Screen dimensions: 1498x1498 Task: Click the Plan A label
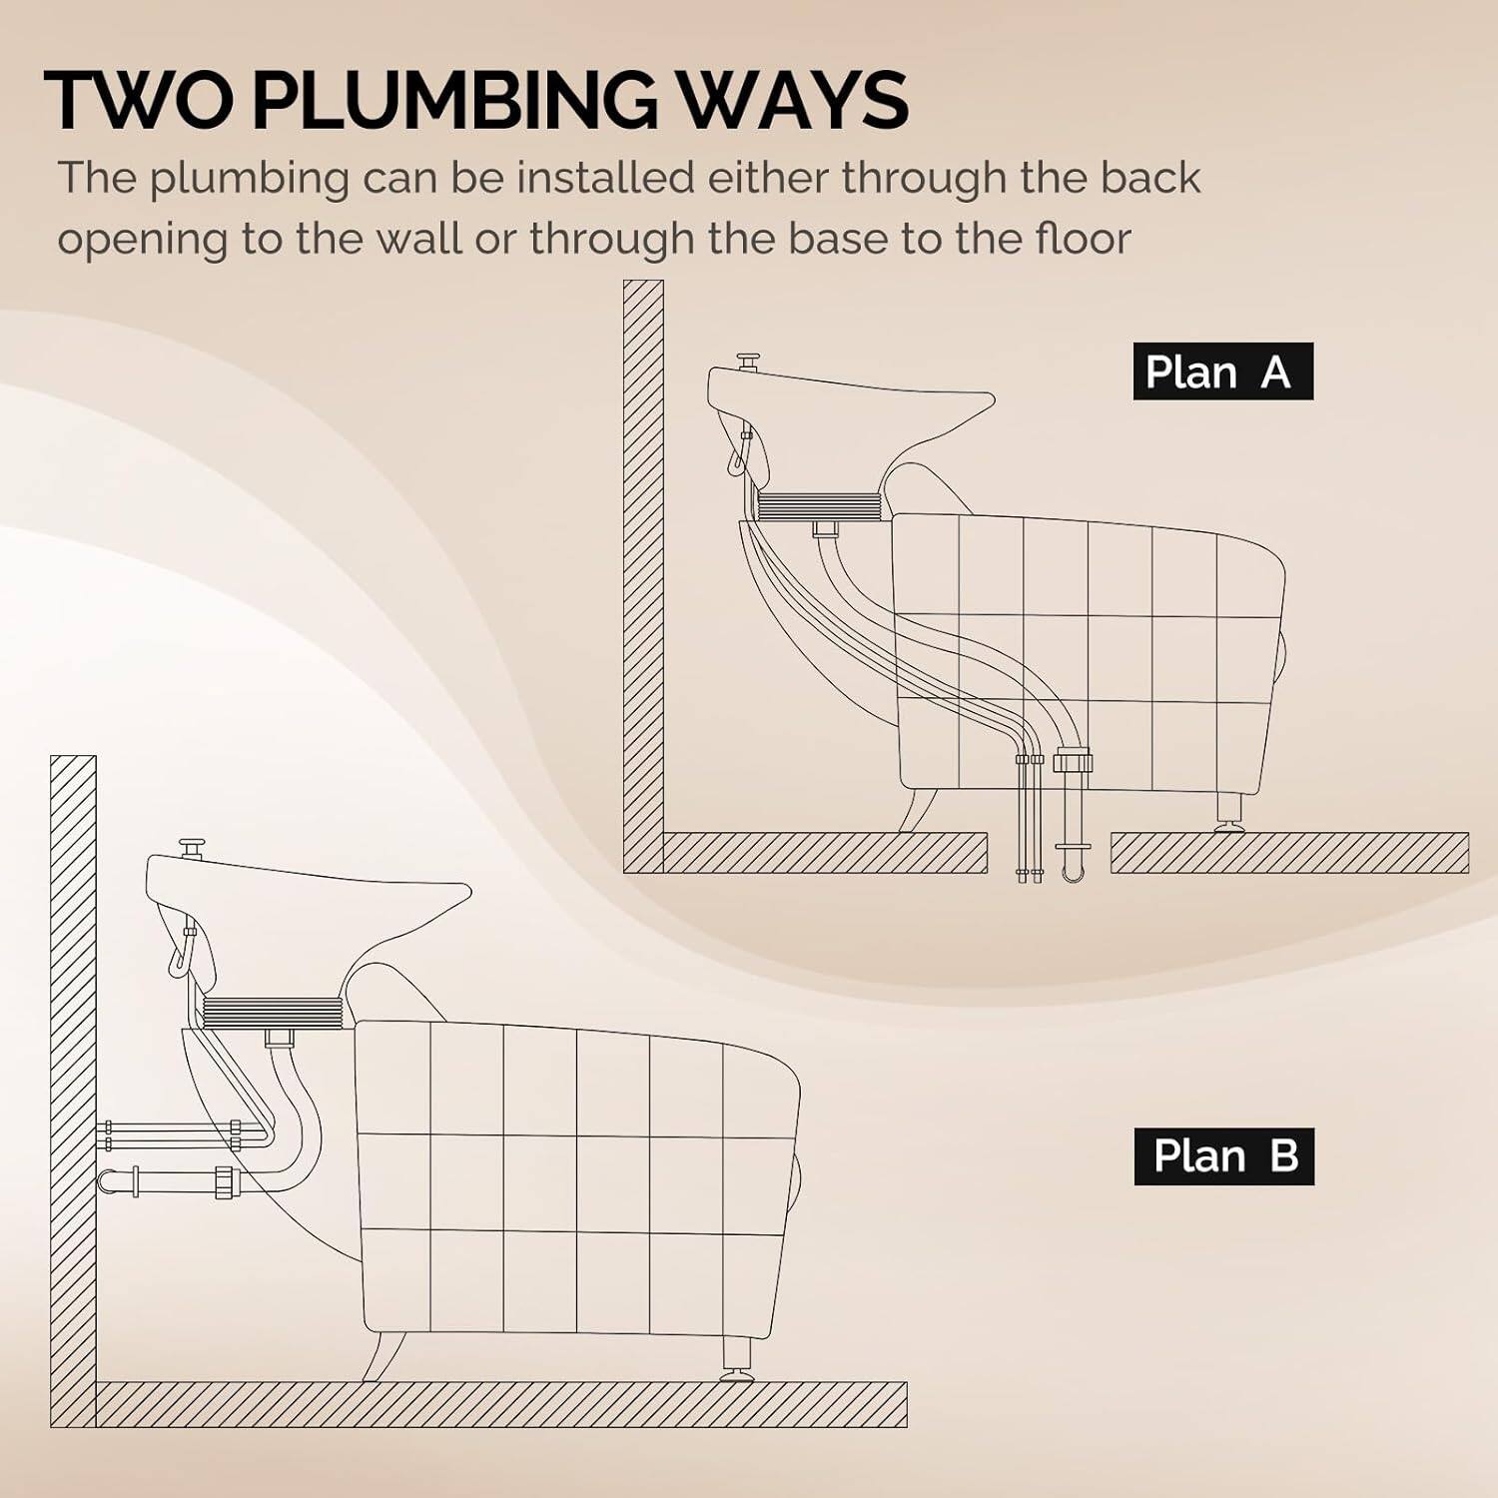[x=1221, y=372]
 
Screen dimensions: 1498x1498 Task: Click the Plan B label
[x=1223, y=1156]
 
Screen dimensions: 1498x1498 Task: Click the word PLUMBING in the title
[x=454, y=100]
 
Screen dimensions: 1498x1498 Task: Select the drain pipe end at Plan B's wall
[x=108, y=1180]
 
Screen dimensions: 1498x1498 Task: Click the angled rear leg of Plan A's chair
[x=917, y=810]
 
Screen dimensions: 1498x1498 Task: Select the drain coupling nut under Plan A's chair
[x=1074, y=761]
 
